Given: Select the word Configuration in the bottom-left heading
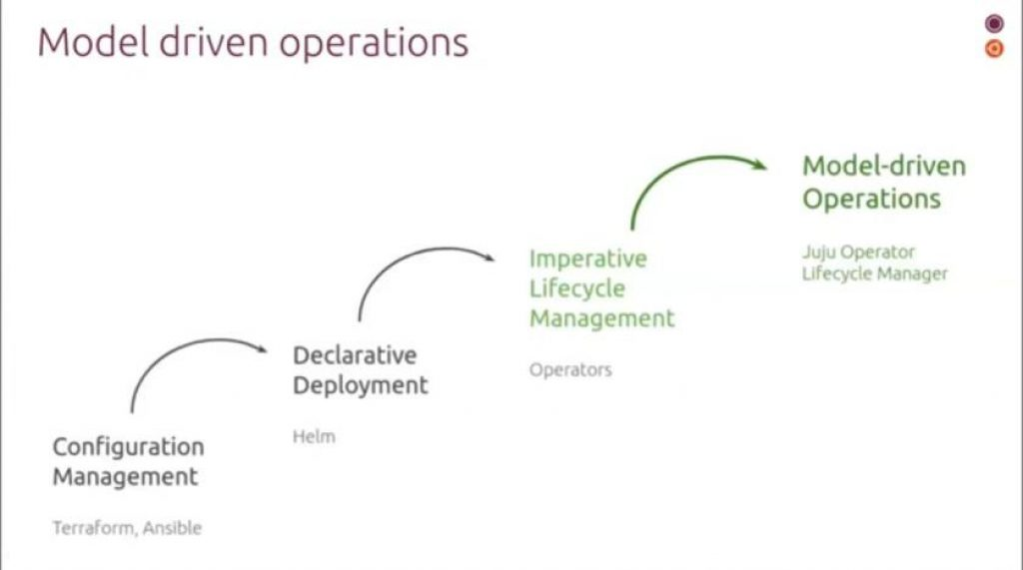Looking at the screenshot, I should click(128, 447).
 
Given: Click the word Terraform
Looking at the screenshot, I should click(93, 527).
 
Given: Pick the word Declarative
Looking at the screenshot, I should click(354, 355).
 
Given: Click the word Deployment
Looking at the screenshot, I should click(360, 385).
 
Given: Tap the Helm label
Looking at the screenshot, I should click(314, 436).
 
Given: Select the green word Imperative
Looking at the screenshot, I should click(587, 259).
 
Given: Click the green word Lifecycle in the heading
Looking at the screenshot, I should click(577, 288).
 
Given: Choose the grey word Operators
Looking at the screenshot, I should click(569, 369).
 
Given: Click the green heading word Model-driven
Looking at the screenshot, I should click(884, 166).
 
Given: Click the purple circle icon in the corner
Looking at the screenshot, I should click(994, 24).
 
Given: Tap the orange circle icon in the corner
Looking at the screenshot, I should click(994, 48).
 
